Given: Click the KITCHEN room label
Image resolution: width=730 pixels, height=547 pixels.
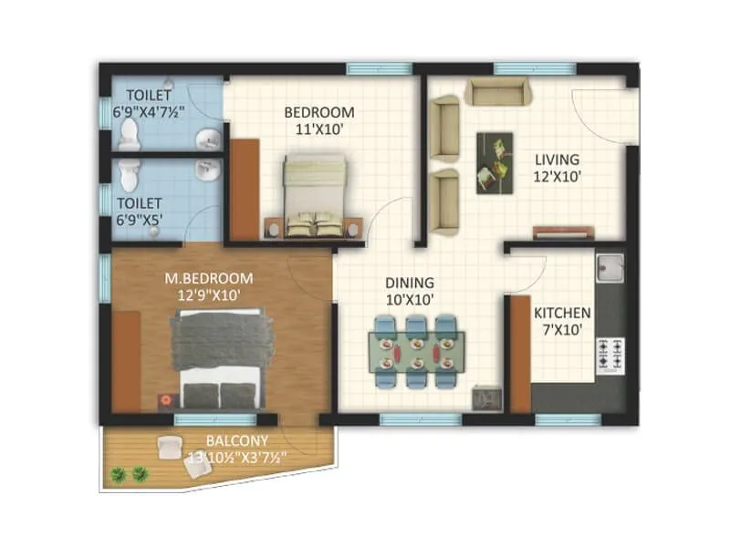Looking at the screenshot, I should (x=562, y=313).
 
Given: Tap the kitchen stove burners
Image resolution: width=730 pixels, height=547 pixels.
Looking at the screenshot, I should (x=610, y=355).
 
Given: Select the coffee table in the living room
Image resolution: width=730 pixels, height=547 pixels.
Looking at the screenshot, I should (x=495, y=161).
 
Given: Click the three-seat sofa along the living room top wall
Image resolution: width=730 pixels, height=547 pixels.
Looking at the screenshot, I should (x=497, y=91).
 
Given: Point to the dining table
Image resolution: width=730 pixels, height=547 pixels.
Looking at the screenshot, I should (x=416, y=350).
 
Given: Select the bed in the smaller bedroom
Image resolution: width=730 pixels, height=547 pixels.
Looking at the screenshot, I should (x=314, y=194).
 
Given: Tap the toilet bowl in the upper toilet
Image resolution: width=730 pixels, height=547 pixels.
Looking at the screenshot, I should (x=130, y=135).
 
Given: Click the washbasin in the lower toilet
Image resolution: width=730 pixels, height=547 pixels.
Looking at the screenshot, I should (x=208, y=170).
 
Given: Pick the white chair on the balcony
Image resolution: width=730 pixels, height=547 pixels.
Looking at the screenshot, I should (x=169, y=448).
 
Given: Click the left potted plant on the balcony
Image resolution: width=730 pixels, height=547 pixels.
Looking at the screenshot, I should (x=118, y=474).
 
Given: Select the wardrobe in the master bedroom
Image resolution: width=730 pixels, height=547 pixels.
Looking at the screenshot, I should (x=126, y=360).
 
